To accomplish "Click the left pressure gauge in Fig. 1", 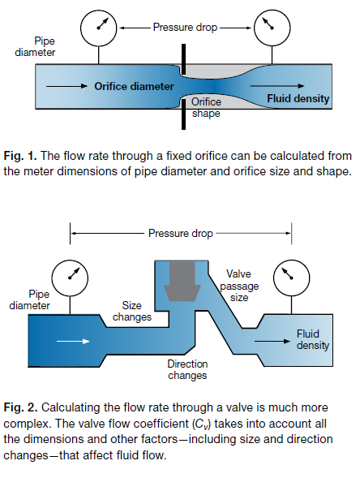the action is coord(98,28).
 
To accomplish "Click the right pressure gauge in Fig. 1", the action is coord(272,28).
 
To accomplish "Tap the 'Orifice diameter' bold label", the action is coord(134,86).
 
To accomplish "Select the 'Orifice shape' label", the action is coord(206,107).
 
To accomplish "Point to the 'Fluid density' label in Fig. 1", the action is coord(298,98).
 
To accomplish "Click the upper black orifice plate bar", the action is coord(183,59).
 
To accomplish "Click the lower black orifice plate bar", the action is coord(183,114).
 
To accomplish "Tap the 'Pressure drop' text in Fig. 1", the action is coord(185,27).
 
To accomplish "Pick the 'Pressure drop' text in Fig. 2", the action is coord(181,233).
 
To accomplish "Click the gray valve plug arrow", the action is coord(182,282).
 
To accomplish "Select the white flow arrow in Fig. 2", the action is coord(73,341).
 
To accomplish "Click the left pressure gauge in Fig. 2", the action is coord(70,278).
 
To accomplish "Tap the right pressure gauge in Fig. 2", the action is coord(291,278).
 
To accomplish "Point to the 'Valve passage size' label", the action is coord(239,286).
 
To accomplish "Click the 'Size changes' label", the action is coord(132,311).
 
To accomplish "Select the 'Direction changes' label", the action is coord(187,369).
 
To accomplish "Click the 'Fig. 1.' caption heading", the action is coord(20,156).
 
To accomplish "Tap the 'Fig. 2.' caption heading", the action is coord(21,407).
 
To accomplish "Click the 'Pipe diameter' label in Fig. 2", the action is coord(29,299).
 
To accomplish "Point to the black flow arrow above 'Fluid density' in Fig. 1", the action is coord(277,86).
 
